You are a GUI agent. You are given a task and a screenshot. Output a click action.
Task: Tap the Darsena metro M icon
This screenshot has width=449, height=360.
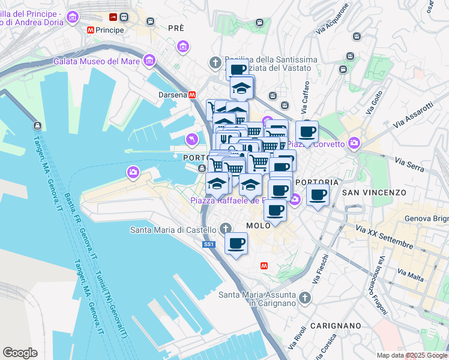pyautogui.click(x=192, y=94)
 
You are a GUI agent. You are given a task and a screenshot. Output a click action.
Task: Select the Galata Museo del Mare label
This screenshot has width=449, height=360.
pyautogui.click(x=96, y=61)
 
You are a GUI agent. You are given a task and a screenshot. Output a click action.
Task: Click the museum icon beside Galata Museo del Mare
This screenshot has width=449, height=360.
pyautogui.click(x=148, y=61)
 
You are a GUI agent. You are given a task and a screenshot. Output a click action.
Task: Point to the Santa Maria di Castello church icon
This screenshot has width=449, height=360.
pyautogui.click(x=226, y=229)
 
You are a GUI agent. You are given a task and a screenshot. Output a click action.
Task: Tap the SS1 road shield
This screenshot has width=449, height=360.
pyautogui.click(x=208, y=244)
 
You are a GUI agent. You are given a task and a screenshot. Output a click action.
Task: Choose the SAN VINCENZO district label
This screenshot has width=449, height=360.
pyautogui.click(x=374, y=193)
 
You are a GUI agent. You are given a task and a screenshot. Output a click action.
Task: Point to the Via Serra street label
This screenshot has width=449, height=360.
pyautogui.click(x=409, y=162)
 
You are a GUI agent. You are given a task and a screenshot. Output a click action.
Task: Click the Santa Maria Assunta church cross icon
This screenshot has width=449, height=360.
pyautogui.click(x=304, y=297)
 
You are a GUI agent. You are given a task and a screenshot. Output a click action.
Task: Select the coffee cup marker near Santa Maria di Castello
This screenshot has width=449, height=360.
pyautogui.click(x=236, y=244)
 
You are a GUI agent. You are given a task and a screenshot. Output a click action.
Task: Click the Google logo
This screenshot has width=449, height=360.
pyautogui.click(x=20, y=353)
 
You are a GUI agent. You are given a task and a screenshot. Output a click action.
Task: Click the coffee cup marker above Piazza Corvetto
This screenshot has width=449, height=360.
pyautogui.click(x=307, y=131)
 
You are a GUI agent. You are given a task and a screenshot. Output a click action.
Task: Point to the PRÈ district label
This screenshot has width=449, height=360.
pyautogui.click(x=176, y=28)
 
